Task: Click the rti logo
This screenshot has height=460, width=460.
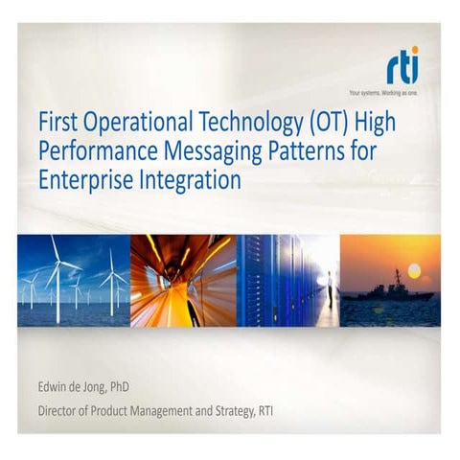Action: click(402, 70)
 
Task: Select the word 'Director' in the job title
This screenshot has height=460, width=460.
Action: click(60, 413)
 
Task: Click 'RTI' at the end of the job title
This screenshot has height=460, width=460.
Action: click(286, 413)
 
